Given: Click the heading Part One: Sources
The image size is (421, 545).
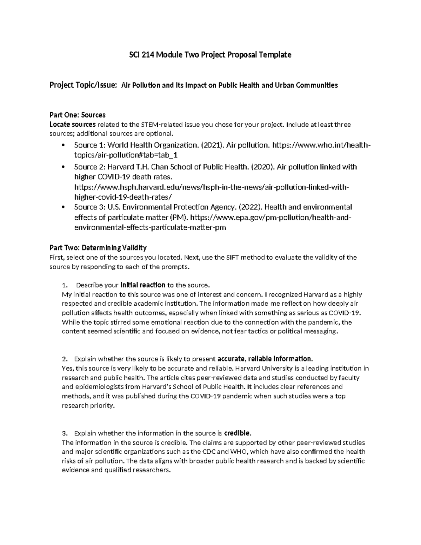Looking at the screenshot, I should [x=78, y=115].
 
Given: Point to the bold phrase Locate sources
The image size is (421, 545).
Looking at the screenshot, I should [x=73, y=125].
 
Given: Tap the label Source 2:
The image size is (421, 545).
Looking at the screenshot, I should [x=90, y=167].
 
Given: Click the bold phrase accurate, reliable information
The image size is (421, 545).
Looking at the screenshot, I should [x=265, y=359].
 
